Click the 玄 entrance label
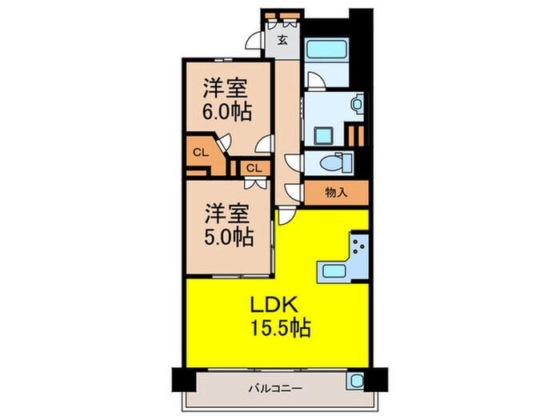282,40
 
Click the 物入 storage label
336,193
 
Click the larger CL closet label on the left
198,151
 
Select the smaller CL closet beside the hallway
253,168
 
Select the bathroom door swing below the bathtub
314,80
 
